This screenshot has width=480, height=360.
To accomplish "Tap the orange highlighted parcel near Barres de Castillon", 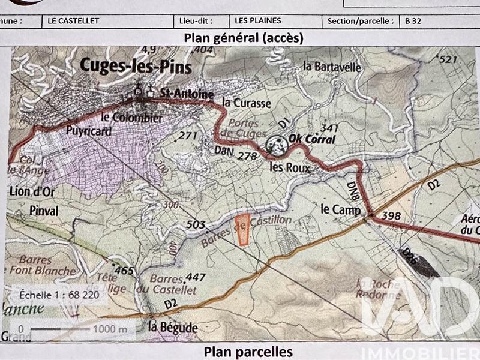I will click(243, 230).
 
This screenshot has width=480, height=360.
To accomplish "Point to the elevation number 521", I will click(448, 59).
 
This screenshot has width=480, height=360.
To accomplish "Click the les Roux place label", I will click(290, 168).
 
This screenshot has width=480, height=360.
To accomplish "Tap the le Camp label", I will click(340, 210).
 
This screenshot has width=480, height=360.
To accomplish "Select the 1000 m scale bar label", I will click(110, 329).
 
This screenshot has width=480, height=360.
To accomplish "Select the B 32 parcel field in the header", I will click(412, 20).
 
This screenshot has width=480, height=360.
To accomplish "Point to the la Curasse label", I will click(247, 103).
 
